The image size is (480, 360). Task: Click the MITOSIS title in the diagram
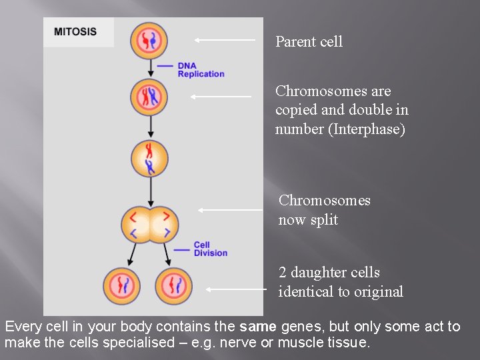[x=75, y=31]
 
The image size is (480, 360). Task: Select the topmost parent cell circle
[x=149, y=40]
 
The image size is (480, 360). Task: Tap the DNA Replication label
[x=201, y=70]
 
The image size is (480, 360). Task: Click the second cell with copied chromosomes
[x=149, y=97]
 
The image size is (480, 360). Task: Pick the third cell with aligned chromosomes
[x=149, y=159]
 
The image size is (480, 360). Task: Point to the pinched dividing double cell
[x=150, y=224]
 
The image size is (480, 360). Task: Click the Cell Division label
[x=210, y=249]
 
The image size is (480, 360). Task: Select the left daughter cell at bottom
[x=122, y=285]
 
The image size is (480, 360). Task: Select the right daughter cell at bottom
[x=173, y=285]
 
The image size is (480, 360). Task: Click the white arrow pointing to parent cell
[x=225, y=40]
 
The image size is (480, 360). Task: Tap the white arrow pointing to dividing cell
[x=230, y=210]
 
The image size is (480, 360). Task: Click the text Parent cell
[x=309, y=41]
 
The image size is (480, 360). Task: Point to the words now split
[x=308, y=220]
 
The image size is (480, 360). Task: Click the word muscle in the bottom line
[x=301, y=343]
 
